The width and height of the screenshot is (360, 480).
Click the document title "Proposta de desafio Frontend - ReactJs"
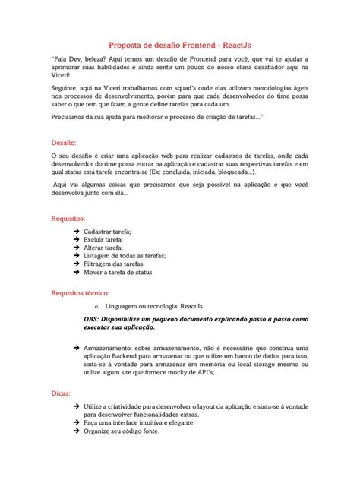[x=180, y=45]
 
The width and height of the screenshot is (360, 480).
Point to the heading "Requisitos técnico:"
[x=81, y=292]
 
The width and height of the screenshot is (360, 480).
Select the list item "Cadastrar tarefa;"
[x=107, y=231]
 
